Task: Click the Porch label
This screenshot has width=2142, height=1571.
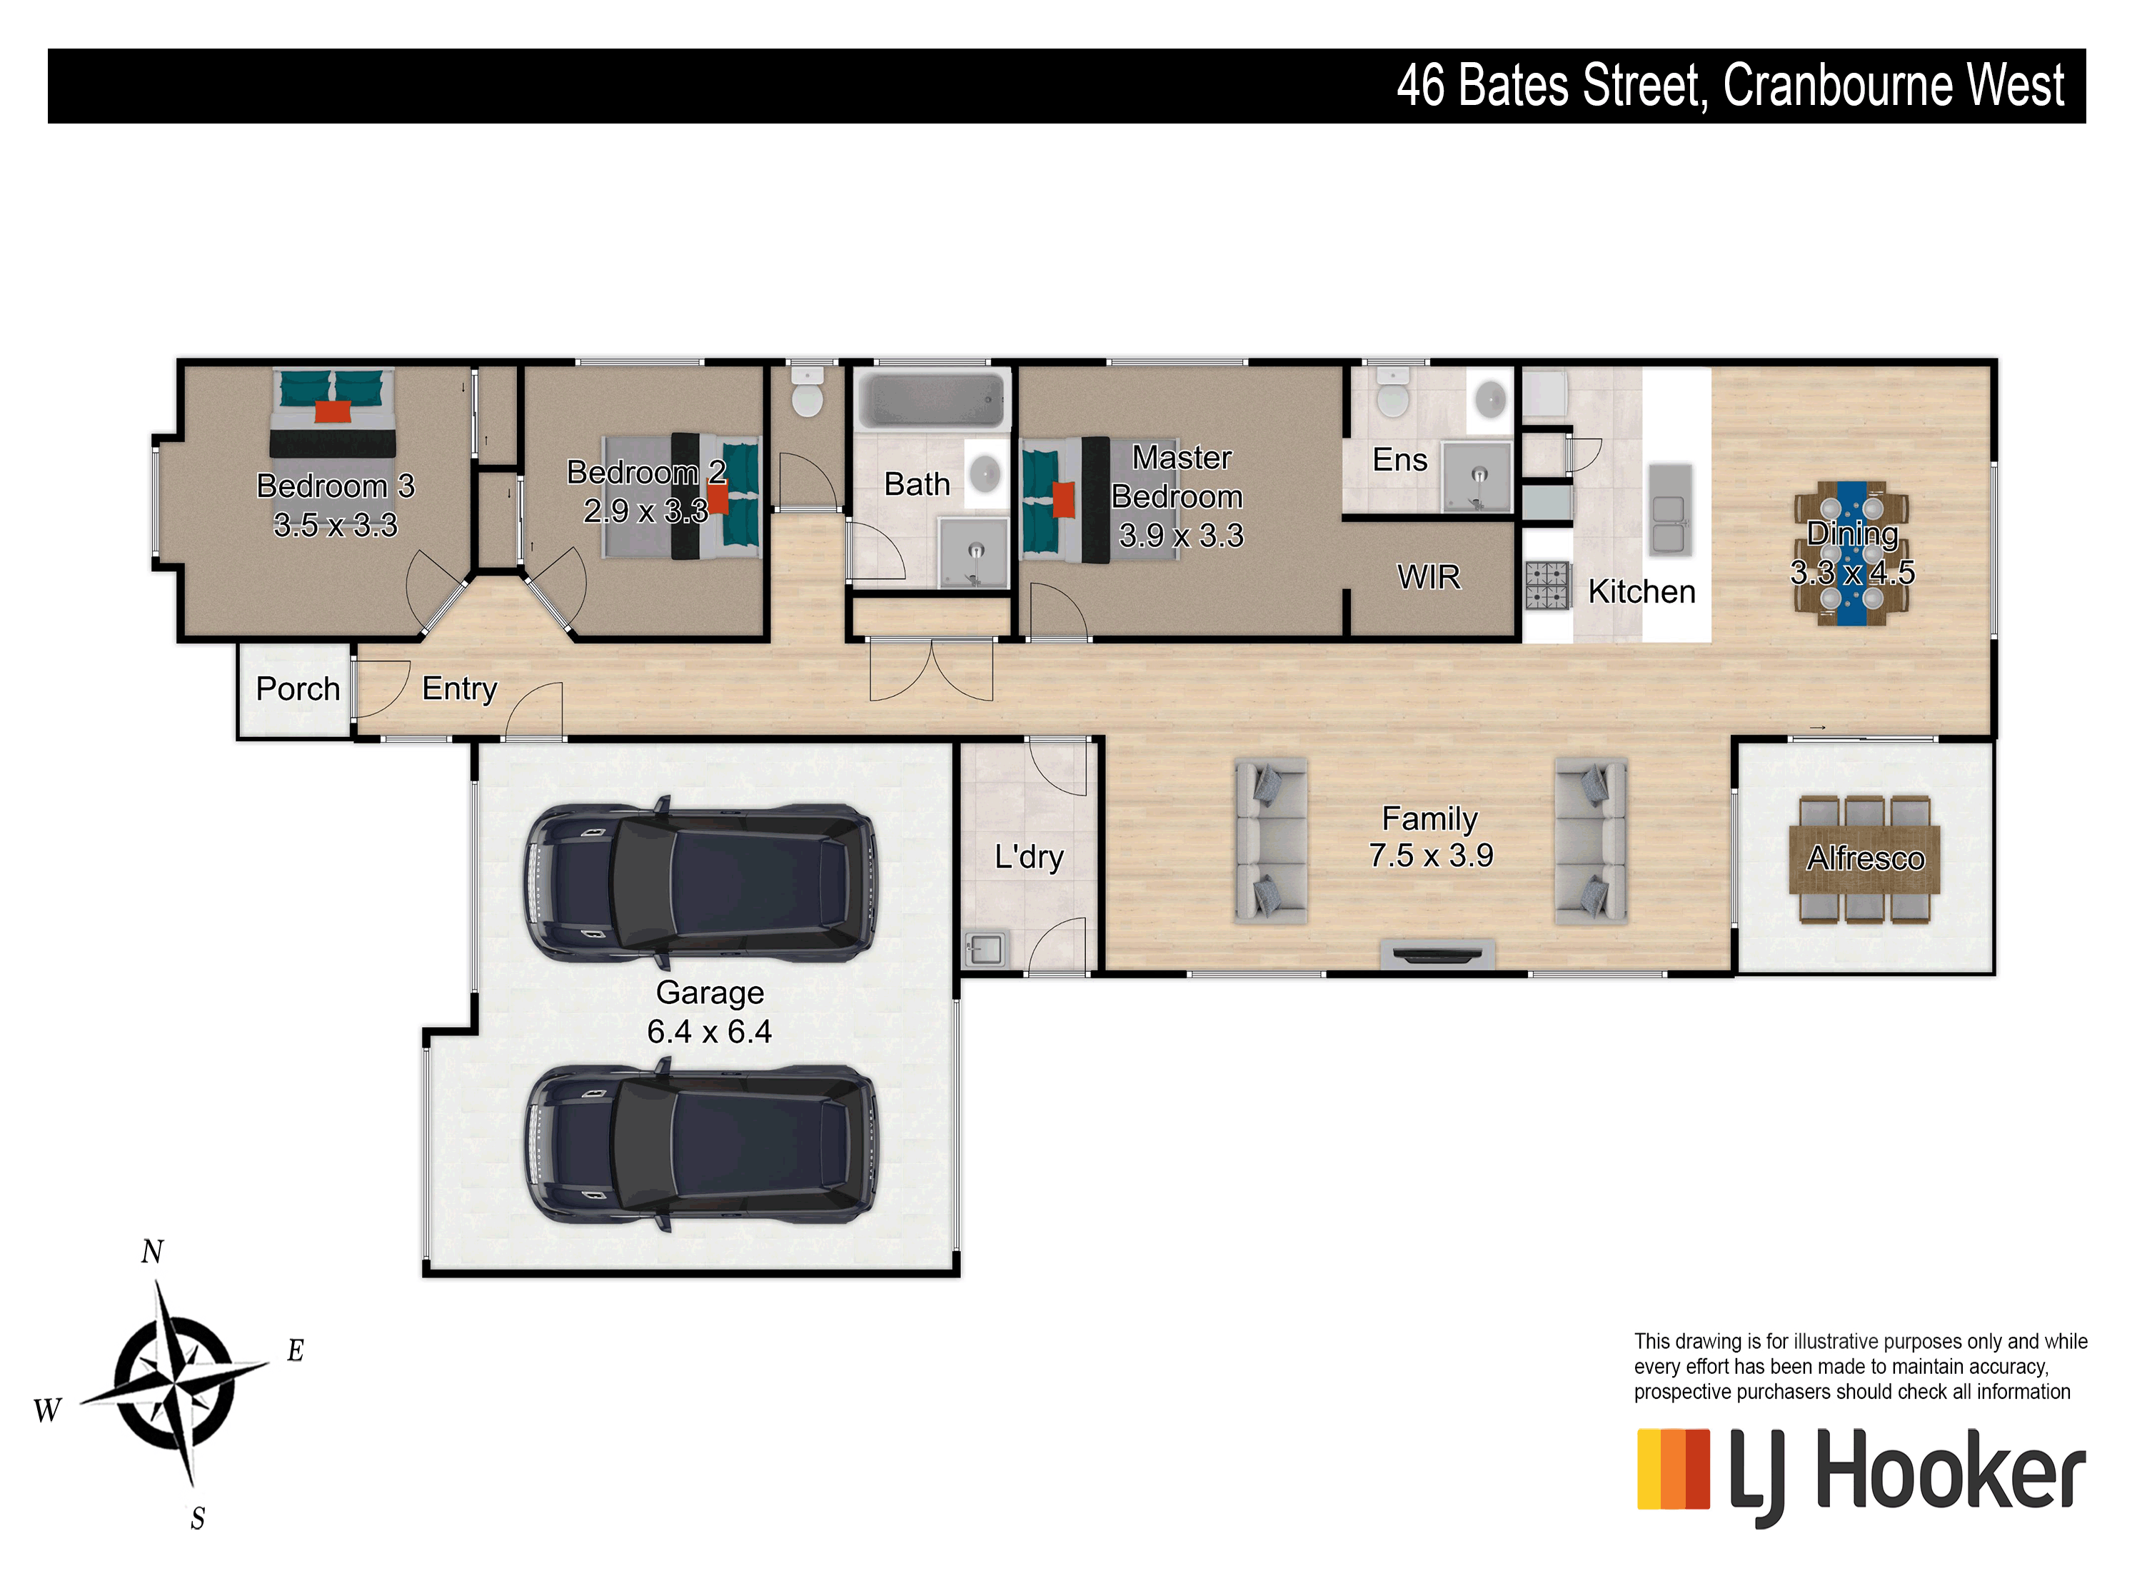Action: (298, 688)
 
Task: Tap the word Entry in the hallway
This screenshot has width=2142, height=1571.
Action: (459, 688)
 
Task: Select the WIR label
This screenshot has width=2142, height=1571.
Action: (1428, 577)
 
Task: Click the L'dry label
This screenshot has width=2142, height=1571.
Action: (1029, 857)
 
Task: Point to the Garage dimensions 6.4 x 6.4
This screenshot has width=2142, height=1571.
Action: (709, 1032)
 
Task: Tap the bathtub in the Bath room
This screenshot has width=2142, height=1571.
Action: (932, 399)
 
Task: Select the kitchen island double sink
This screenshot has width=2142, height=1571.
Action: (1669, 510)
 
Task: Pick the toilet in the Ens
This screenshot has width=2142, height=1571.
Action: (1393, 393)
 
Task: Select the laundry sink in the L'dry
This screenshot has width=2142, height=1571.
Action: (984, 949)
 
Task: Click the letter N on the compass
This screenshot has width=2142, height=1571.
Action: (152, 1252)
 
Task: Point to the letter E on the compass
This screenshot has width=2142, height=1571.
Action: (296, 1350)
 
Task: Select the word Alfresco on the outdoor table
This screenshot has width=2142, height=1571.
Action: (1866, 859)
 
